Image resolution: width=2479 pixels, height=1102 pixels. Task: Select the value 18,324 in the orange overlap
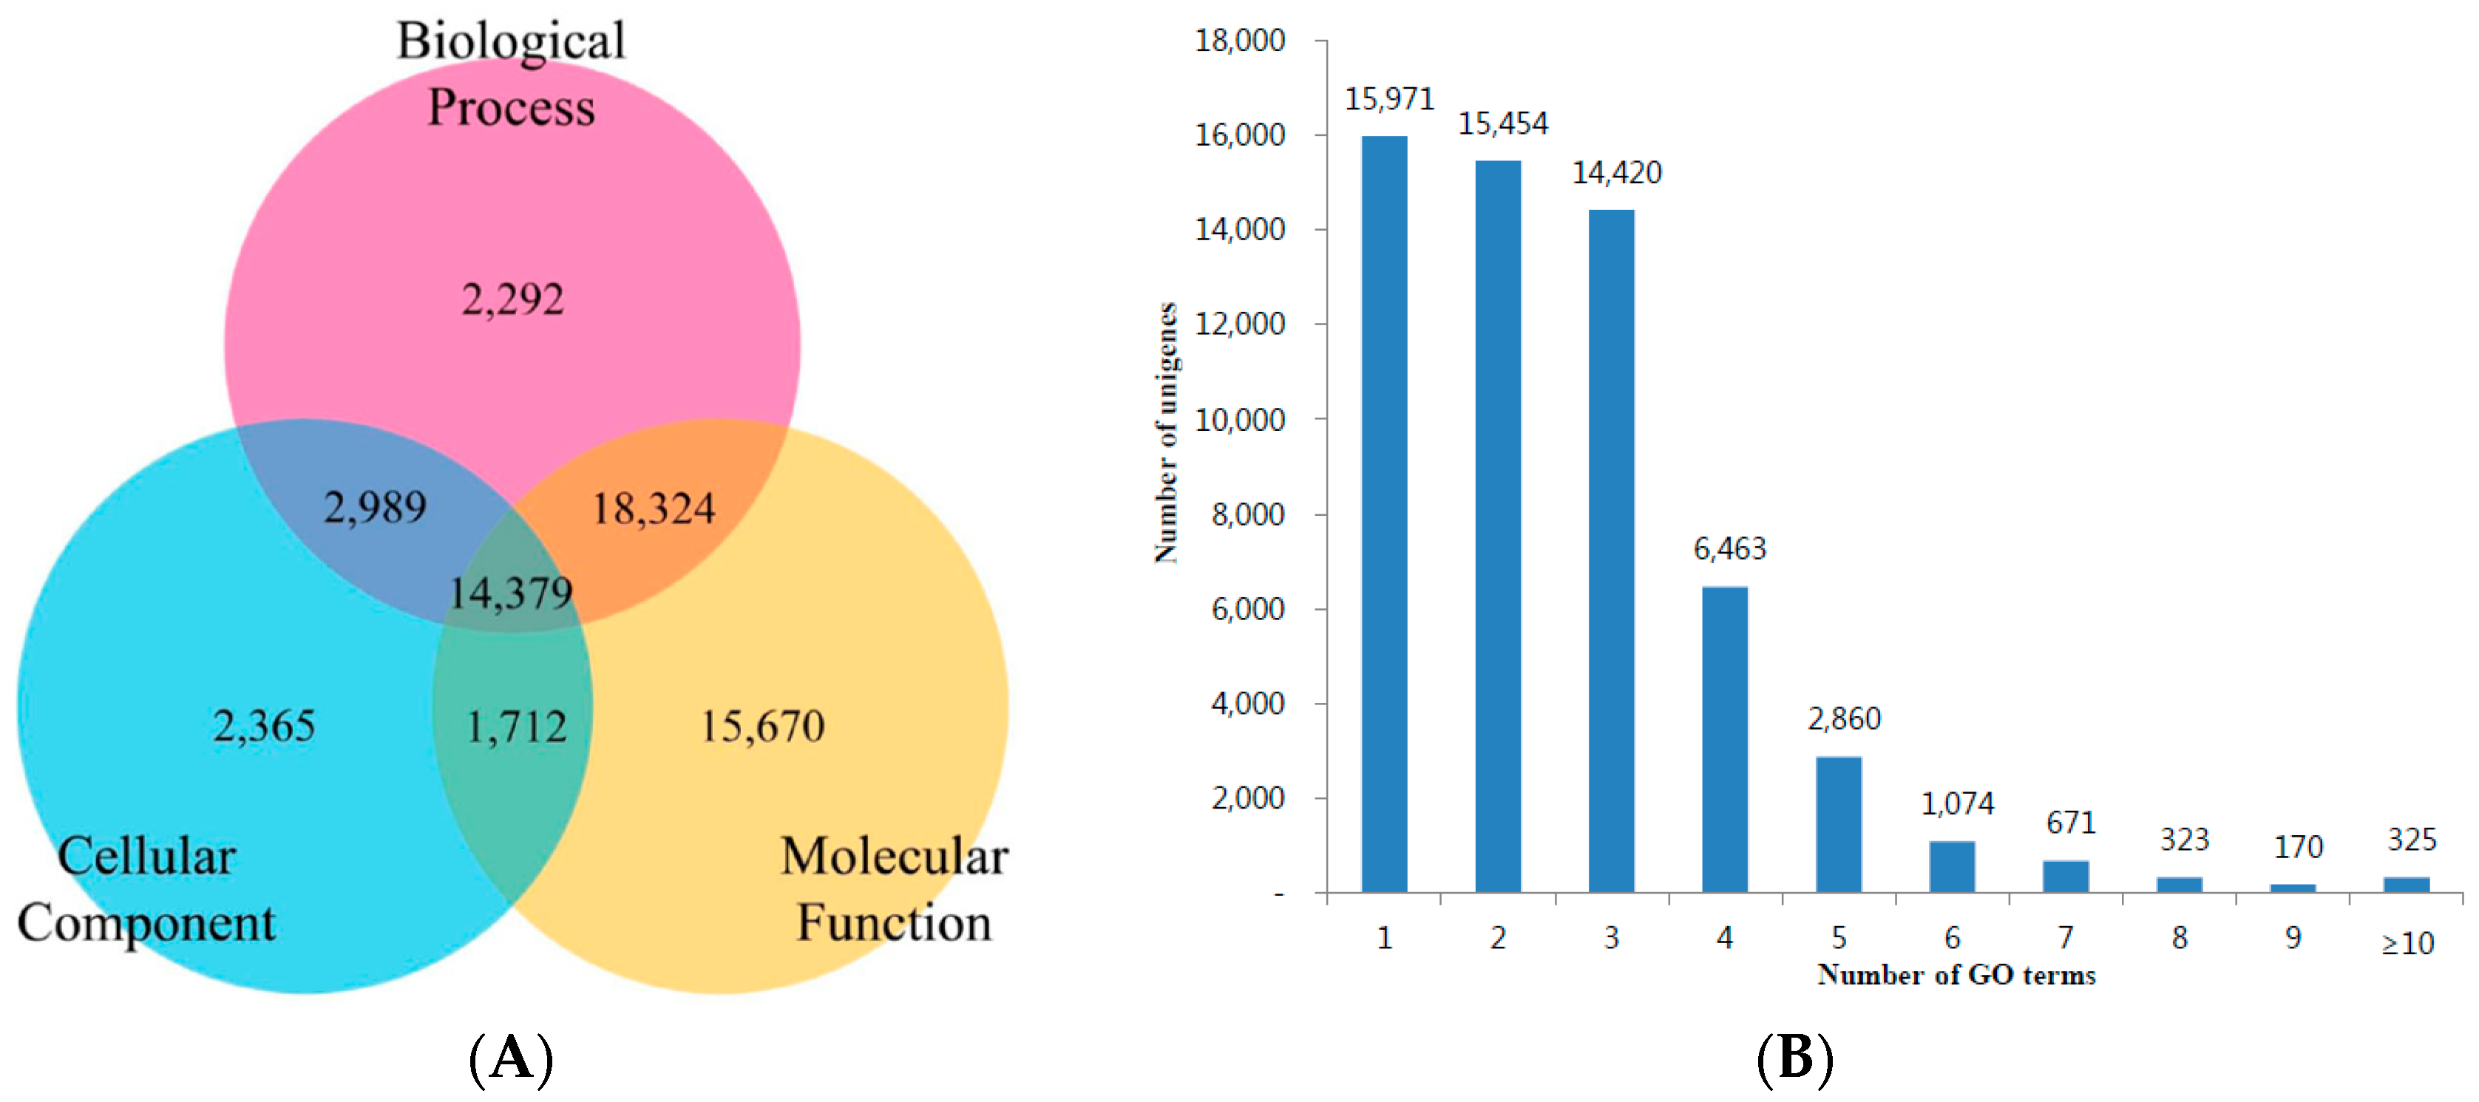tap(654, 509)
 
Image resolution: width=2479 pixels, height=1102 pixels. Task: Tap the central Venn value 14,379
tap(511, 593)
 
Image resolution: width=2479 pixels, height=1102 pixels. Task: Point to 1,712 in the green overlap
tap(516, 727)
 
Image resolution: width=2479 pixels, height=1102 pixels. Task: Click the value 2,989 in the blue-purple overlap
tap(374, 507)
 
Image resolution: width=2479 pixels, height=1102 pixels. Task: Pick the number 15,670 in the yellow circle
tap(762, 727)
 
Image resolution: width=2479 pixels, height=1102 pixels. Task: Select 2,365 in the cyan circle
tap(264, 727)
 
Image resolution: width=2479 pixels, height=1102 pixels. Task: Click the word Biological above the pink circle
tap(511, 41)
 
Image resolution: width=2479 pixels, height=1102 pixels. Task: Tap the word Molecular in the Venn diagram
tap(893, 857)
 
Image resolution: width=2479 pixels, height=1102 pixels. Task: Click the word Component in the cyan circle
tap(146, 924)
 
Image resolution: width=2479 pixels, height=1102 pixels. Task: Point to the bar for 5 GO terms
tap(1838, 825)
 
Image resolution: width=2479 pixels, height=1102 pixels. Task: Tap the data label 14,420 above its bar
tap(1617, 173)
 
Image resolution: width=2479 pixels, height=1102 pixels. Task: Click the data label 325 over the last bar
tap(2412, 840)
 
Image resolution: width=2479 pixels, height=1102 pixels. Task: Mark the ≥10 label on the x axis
tap(2408, 944)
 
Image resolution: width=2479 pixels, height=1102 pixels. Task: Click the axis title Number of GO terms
tap(1956, 975)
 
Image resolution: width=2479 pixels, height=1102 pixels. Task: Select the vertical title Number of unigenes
tap(1165, 433)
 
